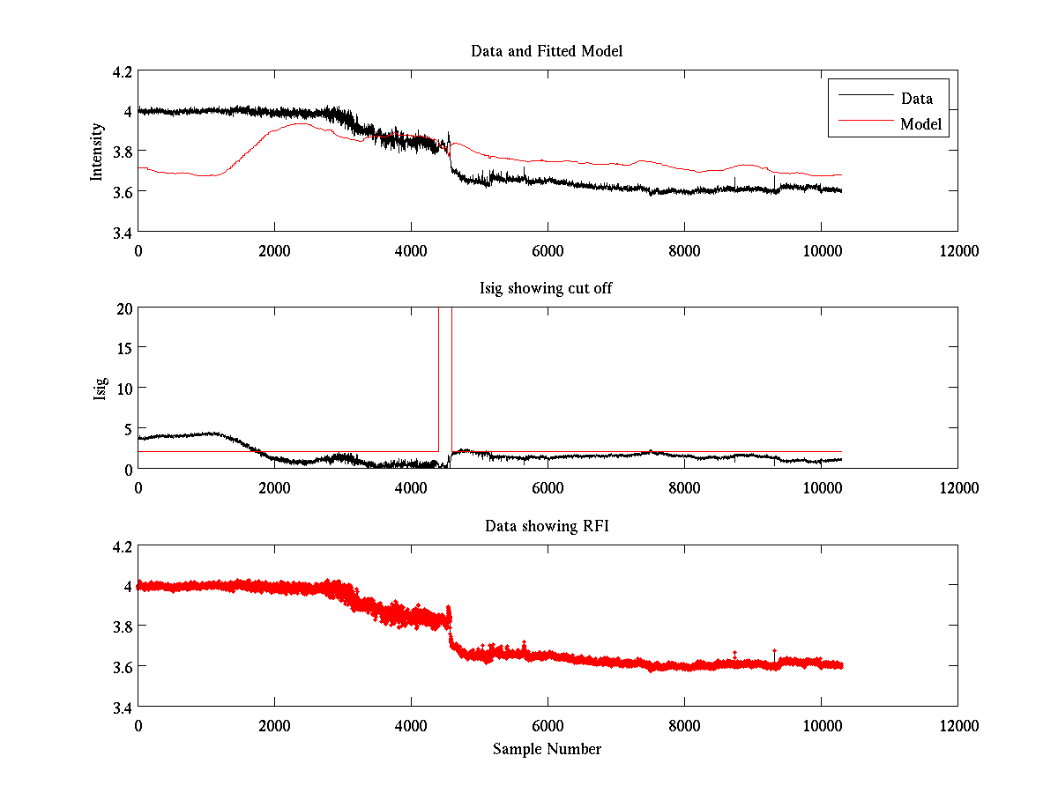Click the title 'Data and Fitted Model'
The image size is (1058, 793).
(x=547, y=51)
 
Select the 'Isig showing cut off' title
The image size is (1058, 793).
(x=547, y=289)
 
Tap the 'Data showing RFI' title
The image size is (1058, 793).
(x=547, y=527)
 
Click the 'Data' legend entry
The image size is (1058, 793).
(x=916, y=99)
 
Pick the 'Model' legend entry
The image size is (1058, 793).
(x=920, y=124)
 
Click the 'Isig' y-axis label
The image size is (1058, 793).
(x=101, y=388)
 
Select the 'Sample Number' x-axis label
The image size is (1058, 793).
(x=547, y=749)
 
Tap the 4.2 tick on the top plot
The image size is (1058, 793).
(x=122, y=71)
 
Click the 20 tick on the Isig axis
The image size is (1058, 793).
(x=124, y=308)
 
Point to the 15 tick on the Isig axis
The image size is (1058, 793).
(x=124, y=348)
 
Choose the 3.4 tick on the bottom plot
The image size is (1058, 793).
(x=122, y=707)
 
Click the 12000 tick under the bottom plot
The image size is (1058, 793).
(x=957, y=725)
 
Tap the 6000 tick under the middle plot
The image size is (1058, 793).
(x=548, y=487)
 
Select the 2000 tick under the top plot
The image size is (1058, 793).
(x=274, y=250)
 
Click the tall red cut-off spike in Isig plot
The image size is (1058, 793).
(x=445, y=370)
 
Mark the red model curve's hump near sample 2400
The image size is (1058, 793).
(x=301, y=124)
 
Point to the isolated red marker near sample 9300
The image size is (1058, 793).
(x=774, y=651)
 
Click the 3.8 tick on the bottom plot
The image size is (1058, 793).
(x=122, y=626)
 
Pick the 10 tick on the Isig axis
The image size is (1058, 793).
(x=124, y=389)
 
